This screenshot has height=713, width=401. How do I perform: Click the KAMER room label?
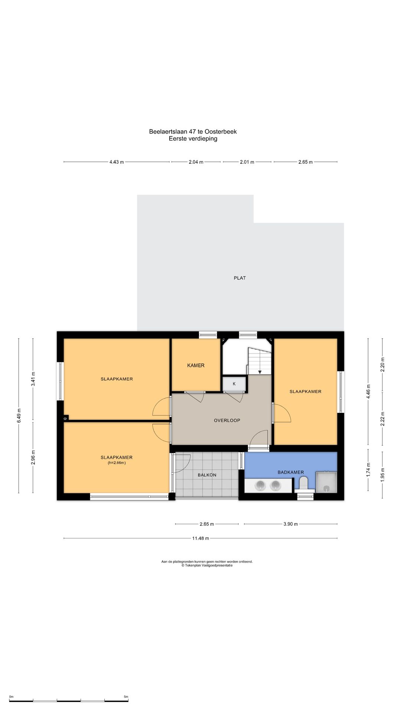pyautogui.click(x=196, y=365)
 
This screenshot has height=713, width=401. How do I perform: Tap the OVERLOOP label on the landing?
pyautogui.click(x=227, y=420)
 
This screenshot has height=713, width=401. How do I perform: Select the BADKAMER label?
pyautogui.click(x=291, y=472)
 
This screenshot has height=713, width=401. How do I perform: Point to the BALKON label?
pyautogui.click(x=207, y=475)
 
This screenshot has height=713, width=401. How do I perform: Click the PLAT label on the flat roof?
pyautogui.click(x=240, y=278)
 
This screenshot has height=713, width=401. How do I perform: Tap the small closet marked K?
pyautogui.click(x=234, y=384)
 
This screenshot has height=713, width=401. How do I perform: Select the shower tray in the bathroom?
pyautogui.click(x=326, y=482)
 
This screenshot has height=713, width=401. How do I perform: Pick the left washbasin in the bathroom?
pyautogui.click(x=260, y=485)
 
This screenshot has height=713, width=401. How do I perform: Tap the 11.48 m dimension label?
pyautogui.click(x=200, y=538)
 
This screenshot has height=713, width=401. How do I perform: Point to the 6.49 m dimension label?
pyautogui.click(x=19, y=415)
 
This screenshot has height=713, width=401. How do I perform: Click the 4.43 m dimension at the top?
pyautogui.click(x=117, y=162)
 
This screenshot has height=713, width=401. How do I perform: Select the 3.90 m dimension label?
pyautogui.click(x=291, y=524)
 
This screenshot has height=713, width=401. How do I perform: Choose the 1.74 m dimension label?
pyautogui.click(x=368, y=470)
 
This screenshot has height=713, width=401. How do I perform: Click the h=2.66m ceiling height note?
pyautogui.click(x=117, y=463)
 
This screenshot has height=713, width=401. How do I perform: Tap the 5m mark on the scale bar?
pyautogui.click(x=126, y=697)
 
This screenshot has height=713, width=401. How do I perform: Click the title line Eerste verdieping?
pyautogui.click(x=193, y=139)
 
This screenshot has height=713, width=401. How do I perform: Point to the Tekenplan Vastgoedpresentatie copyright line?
pyautogui.click(x=207, y=566)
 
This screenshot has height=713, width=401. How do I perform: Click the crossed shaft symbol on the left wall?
pyautogui.click(x=66, y=419)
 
